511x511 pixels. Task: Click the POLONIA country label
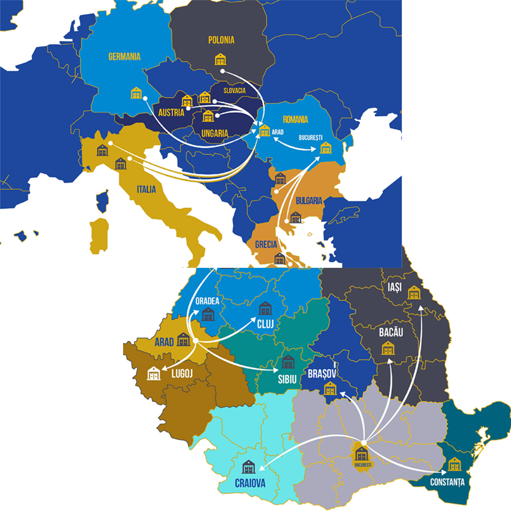tap(221, 40)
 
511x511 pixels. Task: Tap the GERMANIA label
tap(124, 56)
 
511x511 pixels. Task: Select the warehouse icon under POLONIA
tap(221, 59)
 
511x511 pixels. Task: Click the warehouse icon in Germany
tap(136, 92)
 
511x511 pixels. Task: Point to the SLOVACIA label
tap(235, 90)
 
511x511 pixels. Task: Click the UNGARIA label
tap(215, 133)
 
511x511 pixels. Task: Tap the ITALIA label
tap(146, 189)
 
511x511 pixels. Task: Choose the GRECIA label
tap(266, 244)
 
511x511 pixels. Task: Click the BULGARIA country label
tap(309, 201)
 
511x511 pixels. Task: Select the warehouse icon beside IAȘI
tap(414, 293)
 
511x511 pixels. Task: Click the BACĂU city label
tap(391, 332)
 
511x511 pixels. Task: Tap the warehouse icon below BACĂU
tap(388, 348)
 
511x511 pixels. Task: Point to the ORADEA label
tap(207, 301)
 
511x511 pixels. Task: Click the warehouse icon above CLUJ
tap(265, 308)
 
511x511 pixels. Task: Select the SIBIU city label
tap(287, 379)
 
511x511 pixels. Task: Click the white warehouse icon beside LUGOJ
tap(154, 373)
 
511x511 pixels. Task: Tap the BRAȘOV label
tap(322, 374)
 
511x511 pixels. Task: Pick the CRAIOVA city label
tap(250, 483)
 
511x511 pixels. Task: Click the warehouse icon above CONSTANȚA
tap(455, 464)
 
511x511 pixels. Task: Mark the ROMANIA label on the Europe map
tap(295, 119)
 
